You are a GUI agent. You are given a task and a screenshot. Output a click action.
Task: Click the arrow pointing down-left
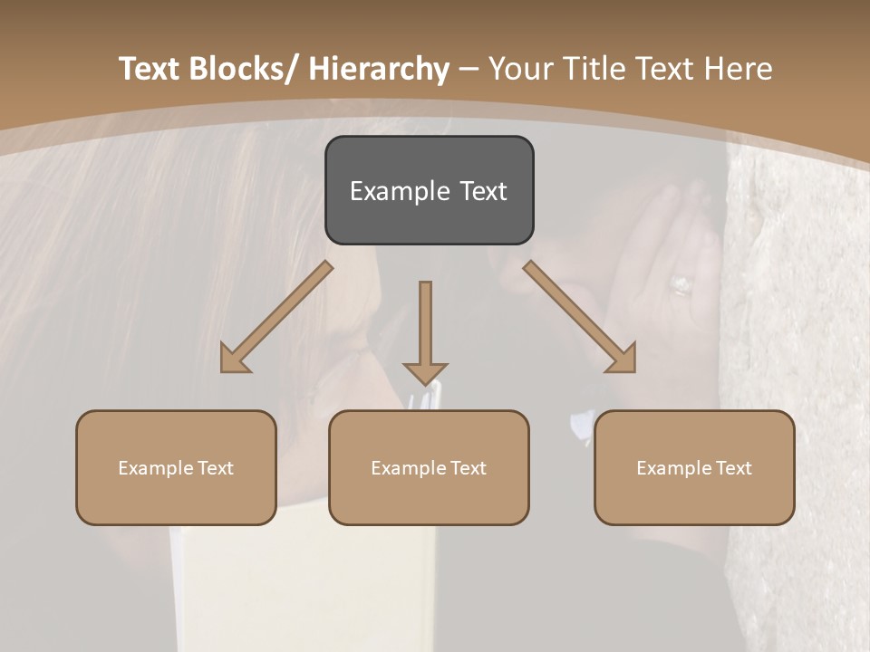[275, 317]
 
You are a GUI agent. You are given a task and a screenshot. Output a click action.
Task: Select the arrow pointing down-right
[580, 317]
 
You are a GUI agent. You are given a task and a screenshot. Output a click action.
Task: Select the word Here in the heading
[739, 70]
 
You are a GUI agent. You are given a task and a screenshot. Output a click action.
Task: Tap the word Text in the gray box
[482, 191]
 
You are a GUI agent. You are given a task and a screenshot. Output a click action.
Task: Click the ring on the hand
[681, 286]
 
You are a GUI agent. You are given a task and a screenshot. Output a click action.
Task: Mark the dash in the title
[469, 70]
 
